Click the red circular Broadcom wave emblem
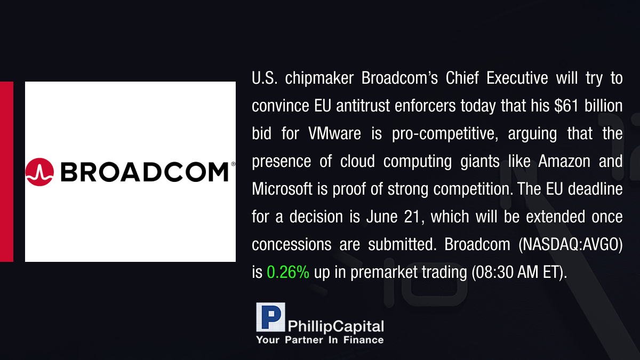pos(39,172)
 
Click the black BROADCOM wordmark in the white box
pos(145,172)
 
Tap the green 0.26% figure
pos(288,272)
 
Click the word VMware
pos(334,133)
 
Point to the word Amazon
pos(564,161)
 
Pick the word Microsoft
pos(282,189)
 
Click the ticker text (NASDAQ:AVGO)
pos(570,245)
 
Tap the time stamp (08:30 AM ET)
pos(519,272)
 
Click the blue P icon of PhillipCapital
pos(270,317)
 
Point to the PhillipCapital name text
pos(335,326)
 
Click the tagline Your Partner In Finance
pos(320,340)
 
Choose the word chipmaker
pos(319,78)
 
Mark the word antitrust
pos(363,106)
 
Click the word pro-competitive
pos(445,134)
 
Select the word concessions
pos(291,245)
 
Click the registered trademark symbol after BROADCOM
pos(233,164)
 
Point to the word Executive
pos(517,78)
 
